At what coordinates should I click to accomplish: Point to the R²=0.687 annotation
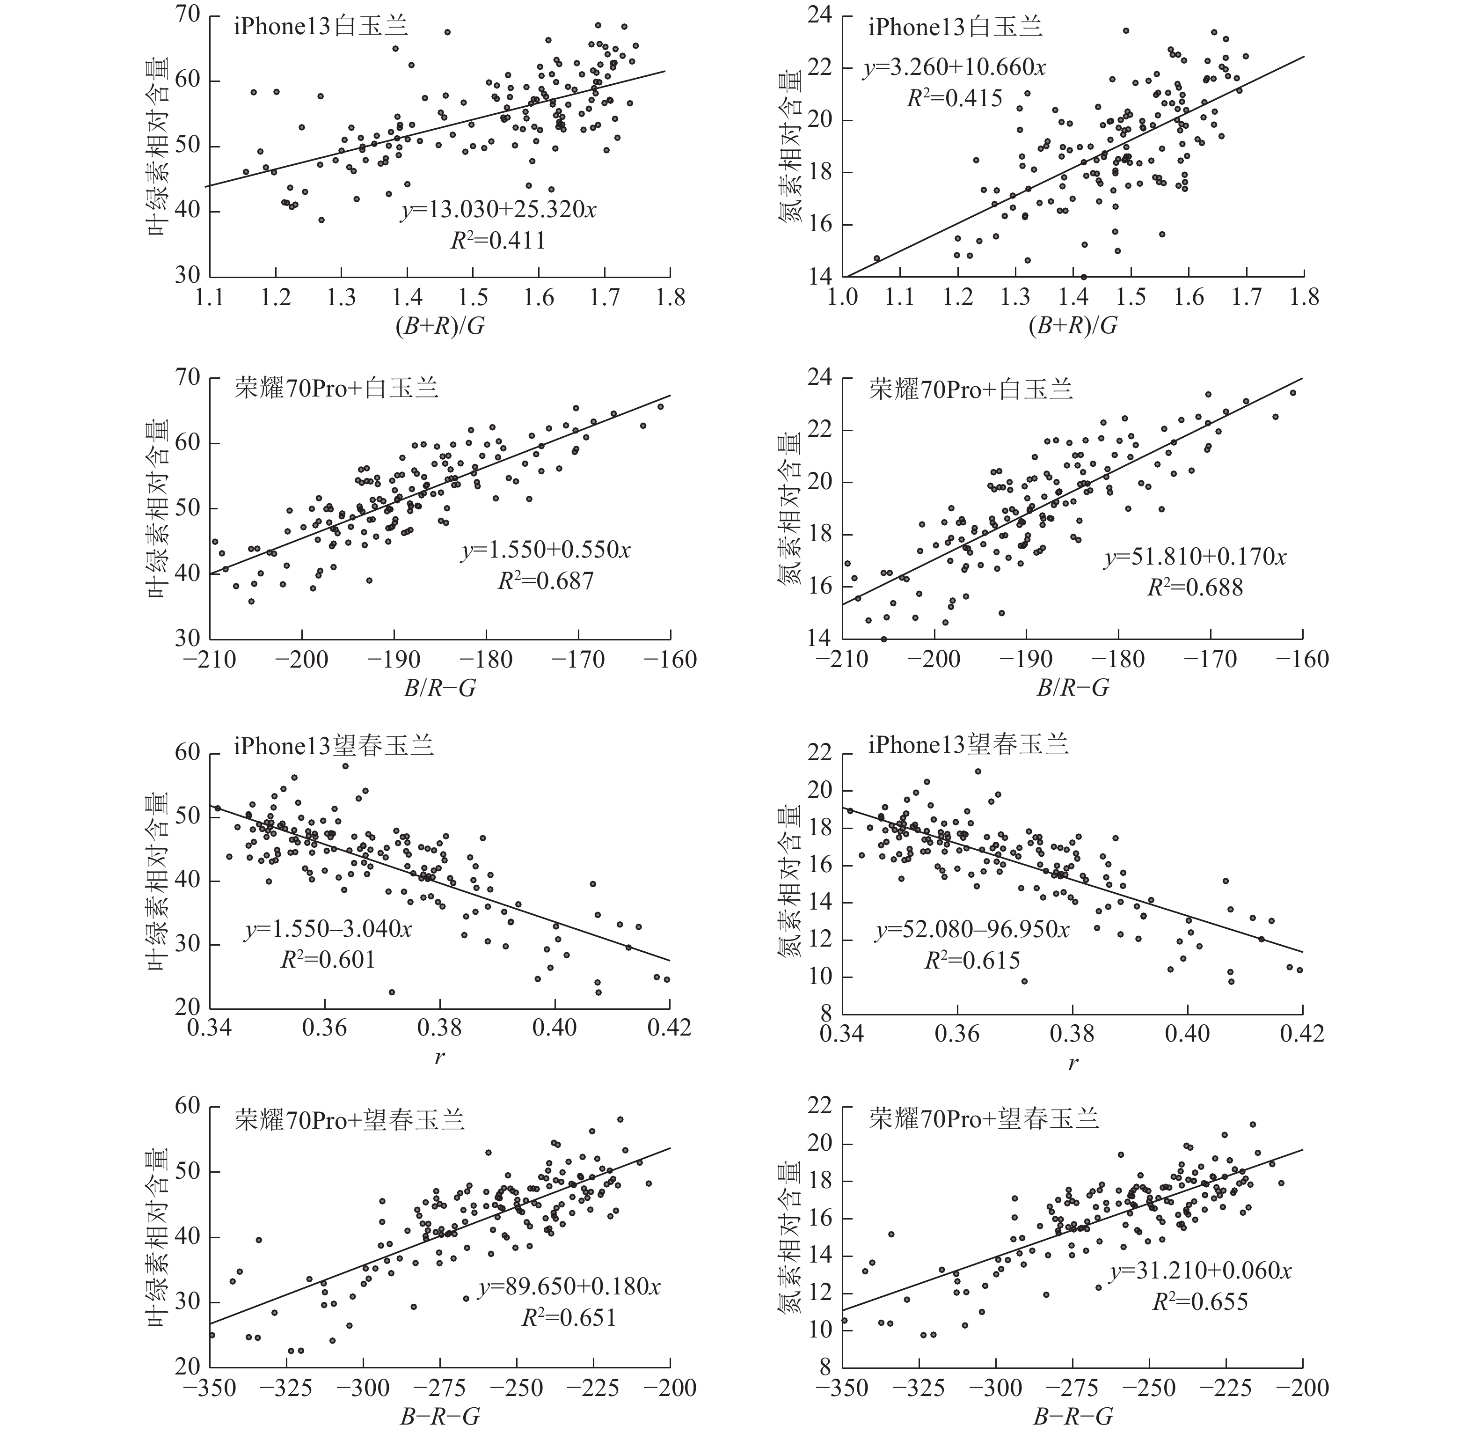[x=546, y=581]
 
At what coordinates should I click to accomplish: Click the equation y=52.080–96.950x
[x=971, y=930]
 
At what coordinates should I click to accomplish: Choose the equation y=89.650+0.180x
[x=569, y=1287]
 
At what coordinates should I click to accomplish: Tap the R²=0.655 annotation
[x=1200, y=1301]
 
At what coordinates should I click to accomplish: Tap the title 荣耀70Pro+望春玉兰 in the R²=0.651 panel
[x=349, y=1120]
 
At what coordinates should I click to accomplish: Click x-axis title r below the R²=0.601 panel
[x=439, y=1058]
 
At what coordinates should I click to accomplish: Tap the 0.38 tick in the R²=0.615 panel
[x=1072, y=1033]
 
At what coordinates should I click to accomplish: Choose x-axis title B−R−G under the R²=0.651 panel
[x=439, y=1417]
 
